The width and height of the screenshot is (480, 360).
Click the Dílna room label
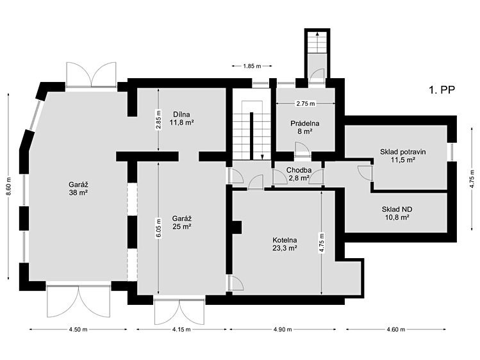[181, 115]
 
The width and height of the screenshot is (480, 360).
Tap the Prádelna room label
[305, 124]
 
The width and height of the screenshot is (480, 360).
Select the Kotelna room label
[285, 240]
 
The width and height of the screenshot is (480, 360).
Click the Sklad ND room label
[397, 209]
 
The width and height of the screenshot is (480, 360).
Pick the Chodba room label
[299, 170]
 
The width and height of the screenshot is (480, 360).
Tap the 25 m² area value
[182, 227]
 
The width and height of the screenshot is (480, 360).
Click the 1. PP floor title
[442, 90]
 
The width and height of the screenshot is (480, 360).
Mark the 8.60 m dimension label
[8, 187]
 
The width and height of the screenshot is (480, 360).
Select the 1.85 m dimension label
[252, 66]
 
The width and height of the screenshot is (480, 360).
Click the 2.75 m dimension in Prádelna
[306, 104]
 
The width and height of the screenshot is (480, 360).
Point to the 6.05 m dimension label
[158, 227]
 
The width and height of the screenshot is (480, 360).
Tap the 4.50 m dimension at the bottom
[78, 329]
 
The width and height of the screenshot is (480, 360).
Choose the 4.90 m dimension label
[283, 329]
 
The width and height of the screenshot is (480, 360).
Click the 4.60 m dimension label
[396, 329]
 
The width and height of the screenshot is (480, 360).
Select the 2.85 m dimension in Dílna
[158, 120]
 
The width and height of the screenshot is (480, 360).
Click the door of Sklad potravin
[365, 173]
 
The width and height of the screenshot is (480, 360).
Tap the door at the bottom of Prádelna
[302, 150]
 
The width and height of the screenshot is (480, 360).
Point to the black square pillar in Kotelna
[237, 227]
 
